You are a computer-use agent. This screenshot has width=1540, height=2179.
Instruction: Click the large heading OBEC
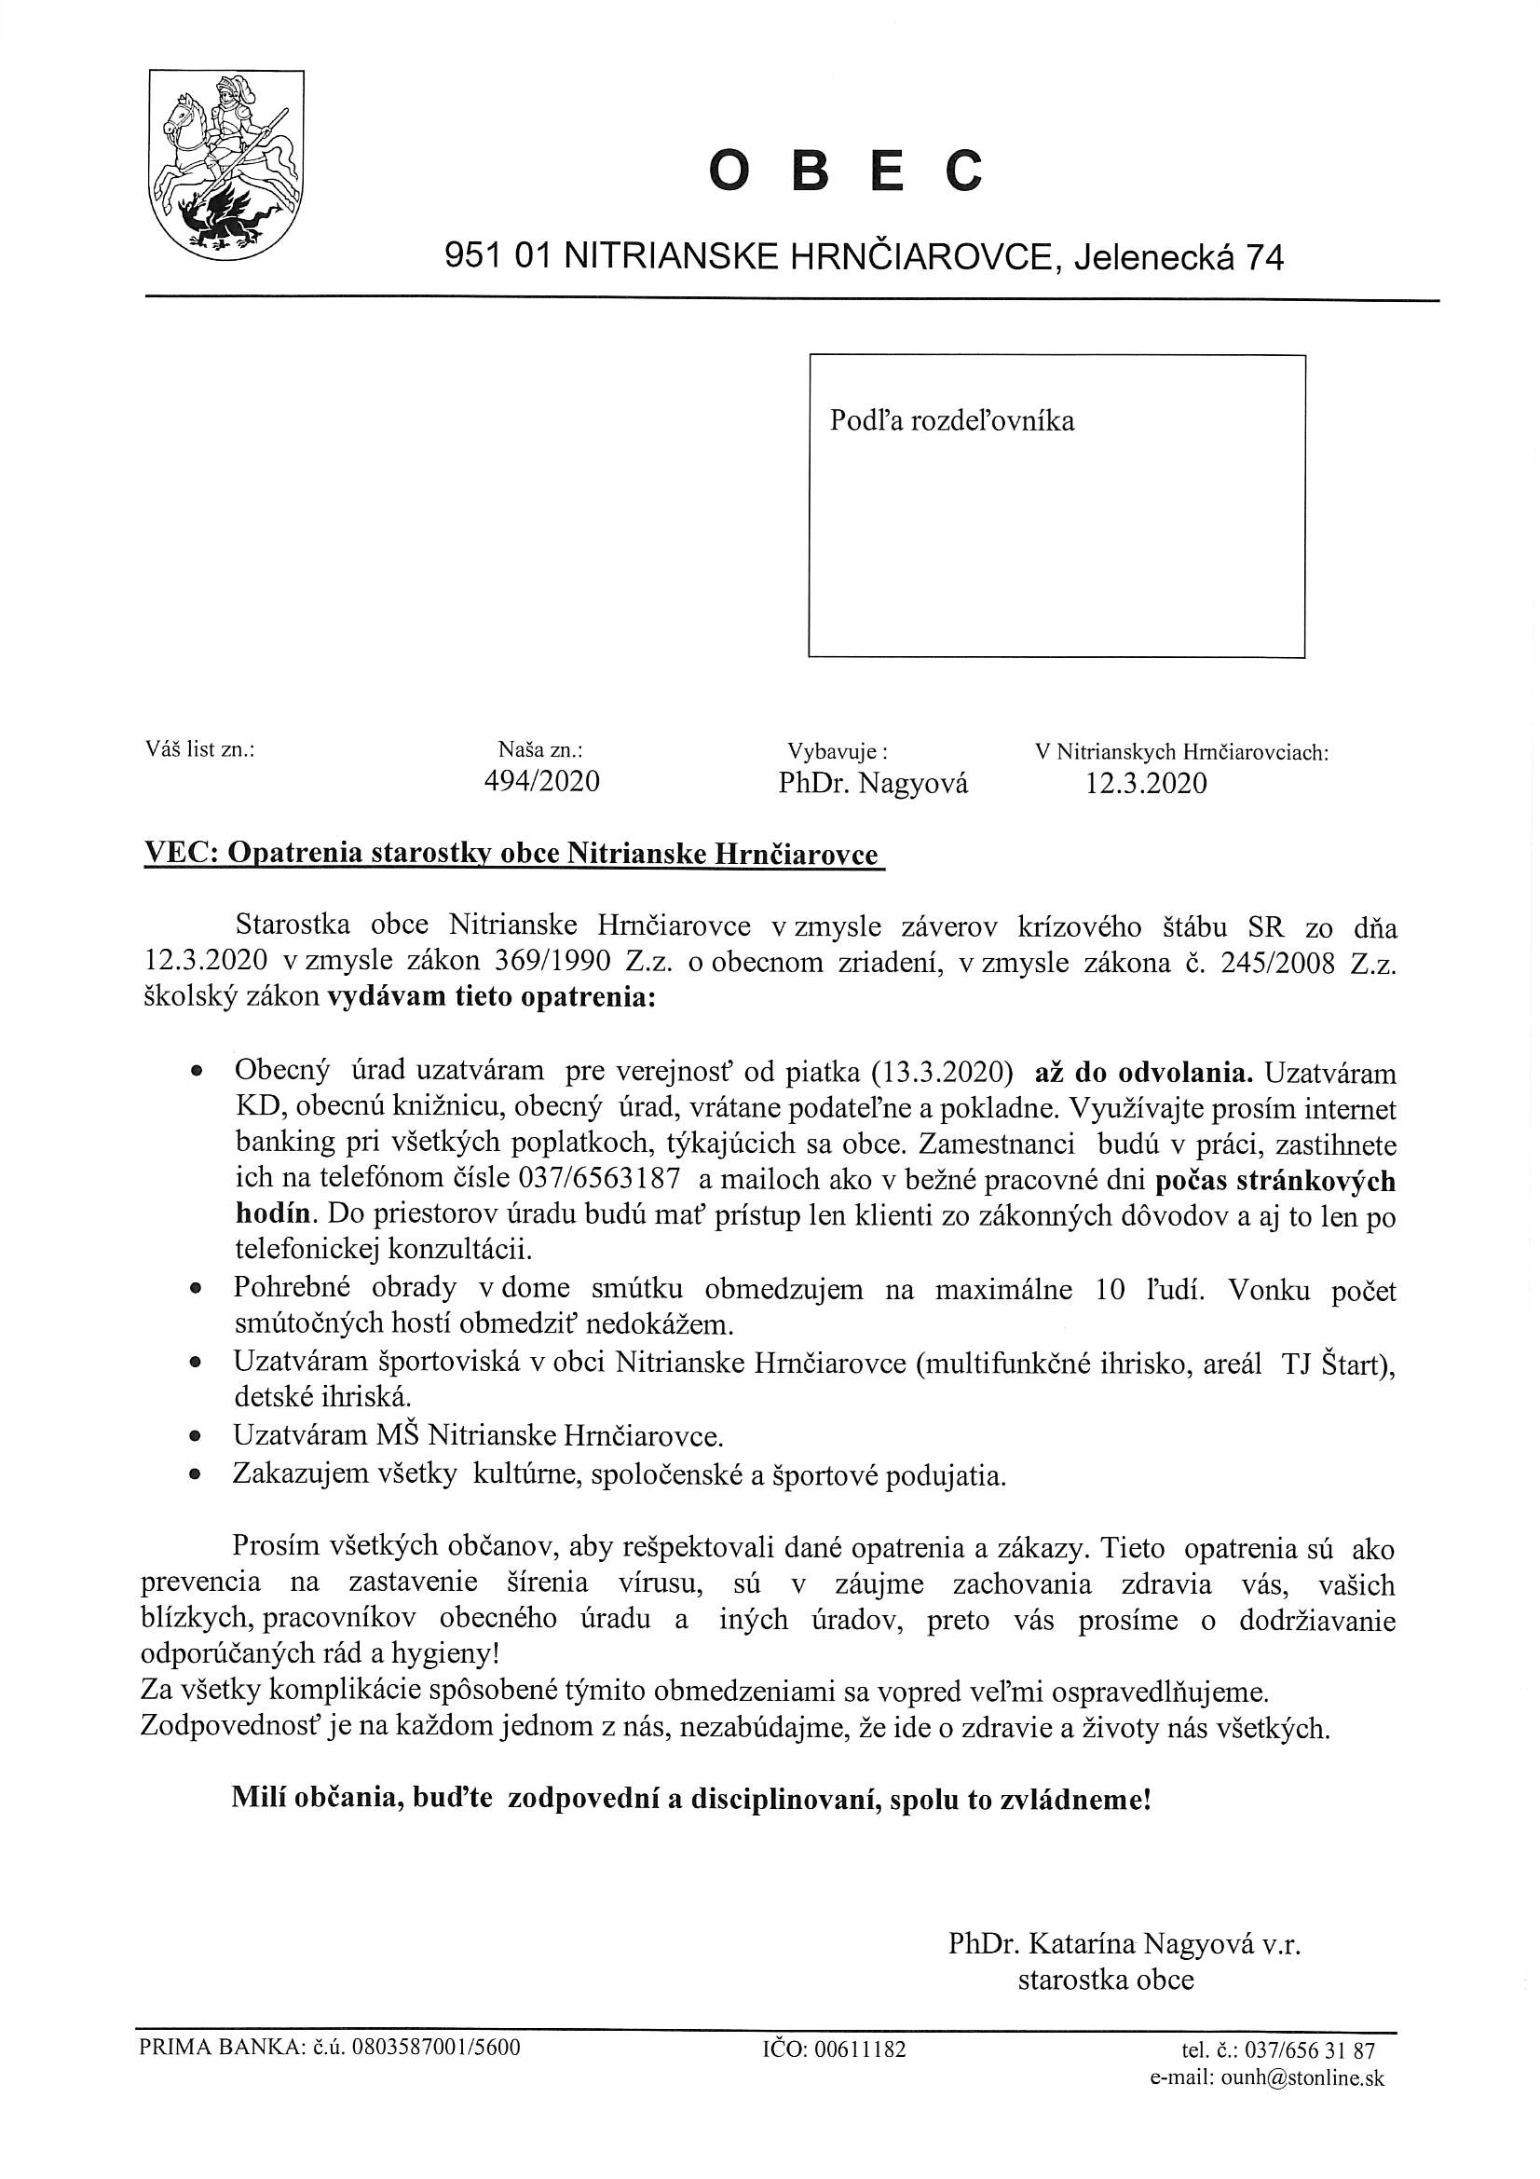pos(845,172)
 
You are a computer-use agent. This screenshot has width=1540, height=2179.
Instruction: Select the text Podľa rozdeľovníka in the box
pos(952,420)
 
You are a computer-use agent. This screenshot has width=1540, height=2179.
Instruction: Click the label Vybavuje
pos(837,751)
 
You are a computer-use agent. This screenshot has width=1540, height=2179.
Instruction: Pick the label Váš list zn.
pos(200,748)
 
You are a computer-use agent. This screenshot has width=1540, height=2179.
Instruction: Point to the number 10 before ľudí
pos(1110,1290)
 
